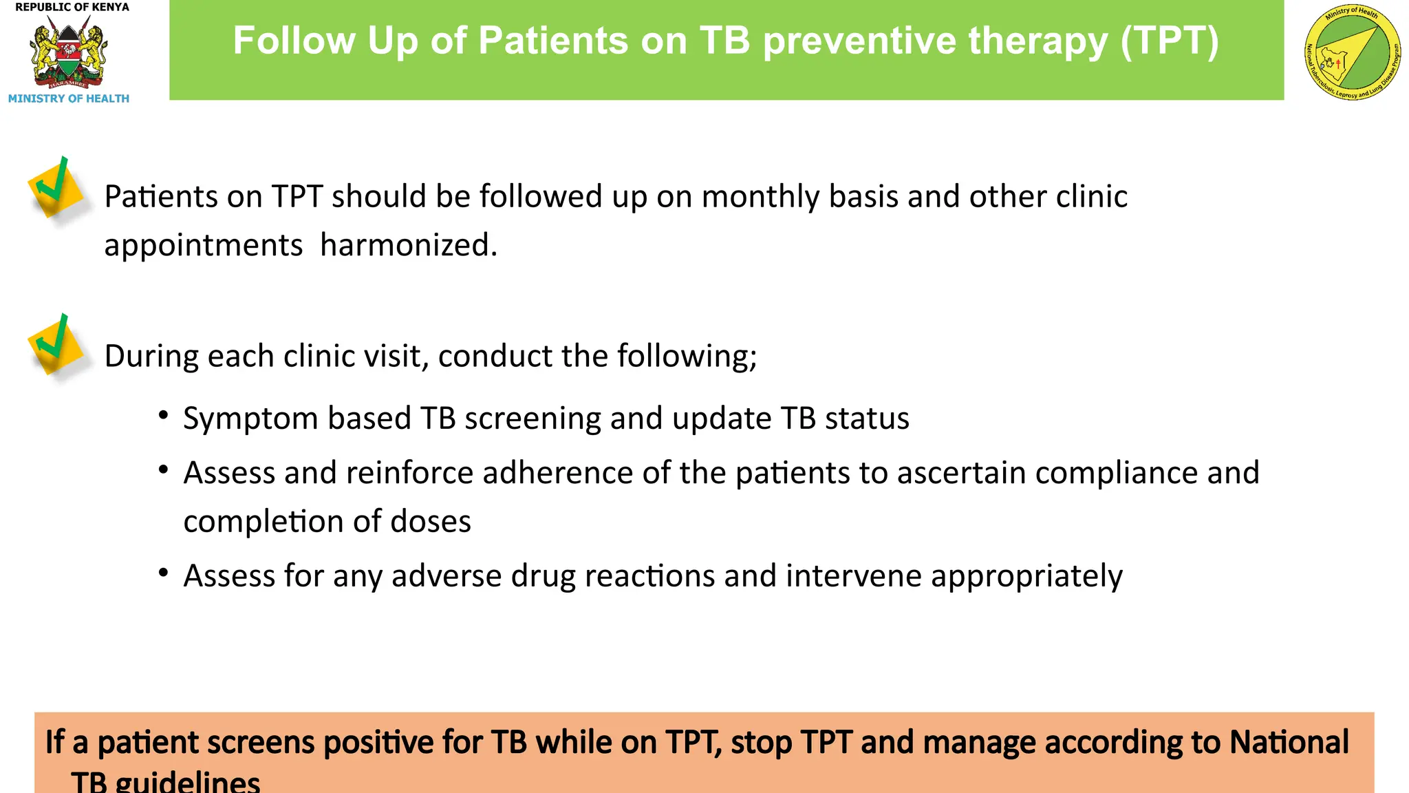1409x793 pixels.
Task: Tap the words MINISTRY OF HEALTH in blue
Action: click(x=68, y=98)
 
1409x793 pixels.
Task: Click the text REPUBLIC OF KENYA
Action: click(x=72, y=7)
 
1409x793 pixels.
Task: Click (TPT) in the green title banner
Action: click(x=1169, y=41)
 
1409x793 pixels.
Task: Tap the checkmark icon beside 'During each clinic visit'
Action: click(x=55, y=344)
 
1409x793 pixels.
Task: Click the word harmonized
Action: click(x=409, y=246)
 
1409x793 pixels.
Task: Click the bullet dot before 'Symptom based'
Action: click(x=163, y=415)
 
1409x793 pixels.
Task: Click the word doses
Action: click(x=431, y=522)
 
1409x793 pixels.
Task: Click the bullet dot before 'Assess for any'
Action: click(x=163, y=573)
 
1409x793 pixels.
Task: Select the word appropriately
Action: click(x=1026, y=577)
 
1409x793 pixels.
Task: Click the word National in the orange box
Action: click(x=1289, y=743)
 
